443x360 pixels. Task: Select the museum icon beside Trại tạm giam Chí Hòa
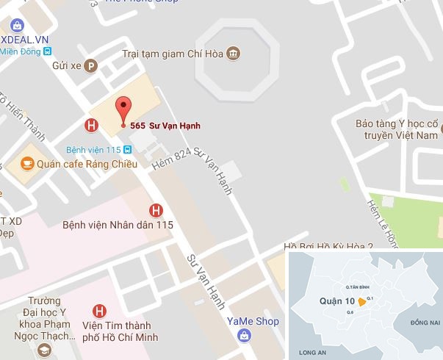pos(234,54)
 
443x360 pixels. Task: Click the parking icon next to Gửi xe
pos(91,65)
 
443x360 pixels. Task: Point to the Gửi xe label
pos(65,65)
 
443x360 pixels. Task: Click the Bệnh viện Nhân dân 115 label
pos(118,225)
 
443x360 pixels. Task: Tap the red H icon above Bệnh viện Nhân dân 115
pos(156,209)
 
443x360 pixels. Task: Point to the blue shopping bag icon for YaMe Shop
pos(243,335)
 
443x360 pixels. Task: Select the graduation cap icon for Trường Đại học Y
pos(45,351)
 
